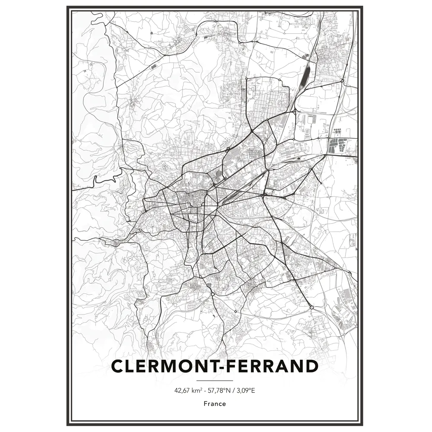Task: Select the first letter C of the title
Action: [118, 366]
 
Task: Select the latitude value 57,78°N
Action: [218, 391]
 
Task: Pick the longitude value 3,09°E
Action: [245, 391]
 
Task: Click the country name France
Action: [215, 404]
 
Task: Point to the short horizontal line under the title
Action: [214, 380]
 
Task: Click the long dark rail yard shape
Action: [306, 75]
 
